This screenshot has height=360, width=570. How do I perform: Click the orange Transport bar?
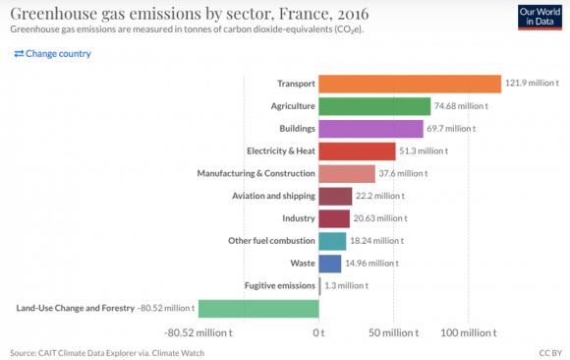[410, 84]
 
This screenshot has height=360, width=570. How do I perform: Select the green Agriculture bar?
[374, 106]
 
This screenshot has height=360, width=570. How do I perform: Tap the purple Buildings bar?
[370, 128]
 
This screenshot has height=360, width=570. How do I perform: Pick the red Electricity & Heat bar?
[357, 150]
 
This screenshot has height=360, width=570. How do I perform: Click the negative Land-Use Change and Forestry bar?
[258, 309]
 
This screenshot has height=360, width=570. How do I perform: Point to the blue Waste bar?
[330, 264]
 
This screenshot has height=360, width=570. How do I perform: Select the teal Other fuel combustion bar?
[332, 241]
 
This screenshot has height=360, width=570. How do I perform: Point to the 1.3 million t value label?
[346, 286]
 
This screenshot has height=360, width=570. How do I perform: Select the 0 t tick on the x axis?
[318, 333]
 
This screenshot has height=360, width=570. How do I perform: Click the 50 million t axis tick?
[394, 333]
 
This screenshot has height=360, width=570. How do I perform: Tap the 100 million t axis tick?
[471, 333]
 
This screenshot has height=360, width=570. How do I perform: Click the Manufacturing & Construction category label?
[256, 173]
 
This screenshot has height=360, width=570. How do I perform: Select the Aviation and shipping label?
[273, 196]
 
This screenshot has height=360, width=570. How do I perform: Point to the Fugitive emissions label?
[280, 286]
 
